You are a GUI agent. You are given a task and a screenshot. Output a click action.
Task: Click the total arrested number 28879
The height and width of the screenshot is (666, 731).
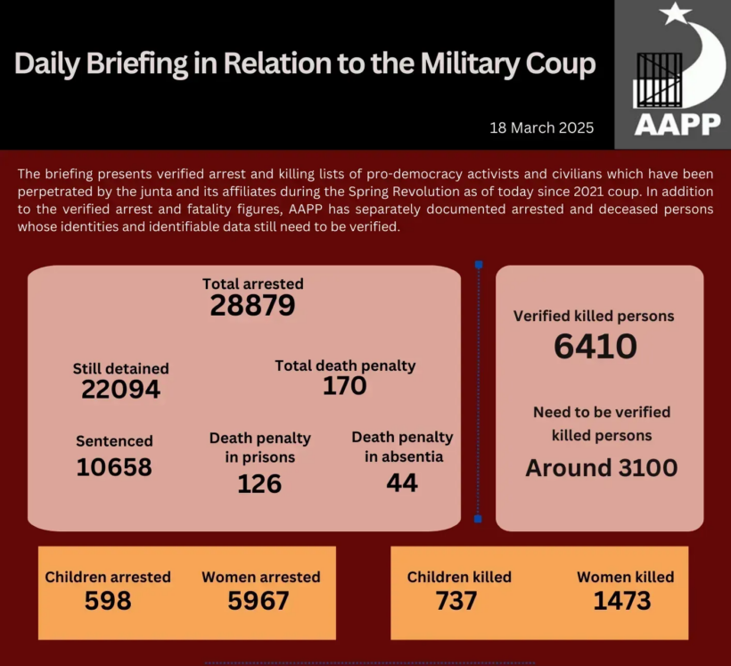pyautogui.click(x=252, y=306)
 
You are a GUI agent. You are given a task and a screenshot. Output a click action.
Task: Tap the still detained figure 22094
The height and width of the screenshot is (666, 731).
pyautogui.click(x=120, y=390)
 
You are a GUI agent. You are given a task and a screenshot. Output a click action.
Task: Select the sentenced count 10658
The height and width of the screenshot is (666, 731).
pyautogui.click(x=114, y=466)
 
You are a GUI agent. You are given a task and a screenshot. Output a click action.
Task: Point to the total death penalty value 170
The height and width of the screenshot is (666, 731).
pyautogui.click(x=345, y=385)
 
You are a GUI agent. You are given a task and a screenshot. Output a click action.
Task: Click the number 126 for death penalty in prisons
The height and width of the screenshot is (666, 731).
pyautogui.click(x=259, y=483)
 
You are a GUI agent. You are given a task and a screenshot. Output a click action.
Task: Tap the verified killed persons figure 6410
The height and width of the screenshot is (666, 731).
pyautogui.click(x=595, y=347)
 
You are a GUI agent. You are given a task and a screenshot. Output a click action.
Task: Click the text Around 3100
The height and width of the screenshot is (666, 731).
pyautogui.click(x=602, y=467)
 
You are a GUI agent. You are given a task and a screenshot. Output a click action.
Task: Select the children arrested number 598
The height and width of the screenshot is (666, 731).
pyautogui.click(x=108, y=601)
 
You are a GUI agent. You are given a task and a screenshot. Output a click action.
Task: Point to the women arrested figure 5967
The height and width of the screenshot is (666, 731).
pyautogui.click(x=259, y=601)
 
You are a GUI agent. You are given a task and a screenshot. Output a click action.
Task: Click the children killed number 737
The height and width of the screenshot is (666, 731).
pyautogui.click(x=456, y=601)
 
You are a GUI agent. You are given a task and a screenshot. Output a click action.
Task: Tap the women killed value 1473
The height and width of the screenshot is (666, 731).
pyautogui.click(x=622, y=601)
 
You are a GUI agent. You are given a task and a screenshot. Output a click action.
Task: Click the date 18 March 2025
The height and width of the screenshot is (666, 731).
pyautogui.click(x=542, y=127)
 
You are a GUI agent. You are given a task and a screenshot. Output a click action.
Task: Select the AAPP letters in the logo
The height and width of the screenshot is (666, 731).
pyautogui.click(x=678, y=124)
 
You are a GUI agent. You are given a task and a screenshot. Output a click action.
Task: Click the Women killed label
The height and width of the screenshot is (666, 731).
pyautogui.click(x=625, y=577)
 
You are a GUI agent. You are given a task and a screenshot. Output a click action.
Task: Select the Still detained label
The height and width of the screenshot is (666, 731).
pyautogui.click(x=120, y=368)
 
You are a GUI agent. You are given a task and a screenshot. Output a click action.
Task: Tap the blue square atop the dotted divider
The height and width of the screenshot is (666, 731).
pyautogui.click(x=479, y=265)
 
